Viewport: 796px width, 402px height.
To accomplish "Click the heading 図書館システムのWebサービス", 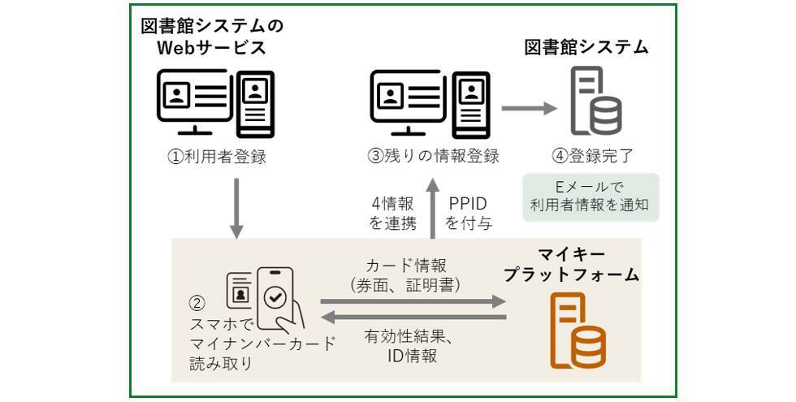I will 213,37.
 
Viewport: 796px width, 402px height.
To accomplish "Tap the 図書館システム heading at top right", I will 586,47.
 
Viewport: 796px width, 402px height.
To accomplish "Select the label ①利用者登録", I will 217,157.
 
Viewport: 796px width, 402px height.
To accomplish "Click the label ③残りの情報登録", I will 434,157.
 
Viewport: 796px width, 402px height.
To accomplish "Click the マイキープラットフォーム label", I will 571,265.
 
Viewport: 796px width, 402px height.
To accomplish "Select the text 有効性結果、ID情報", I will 409,346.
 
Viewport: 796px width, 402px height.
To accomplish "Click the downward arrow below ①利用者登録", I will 236,209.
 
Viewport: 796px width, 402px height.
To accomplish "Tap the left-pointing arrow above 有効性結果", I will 413,318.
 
